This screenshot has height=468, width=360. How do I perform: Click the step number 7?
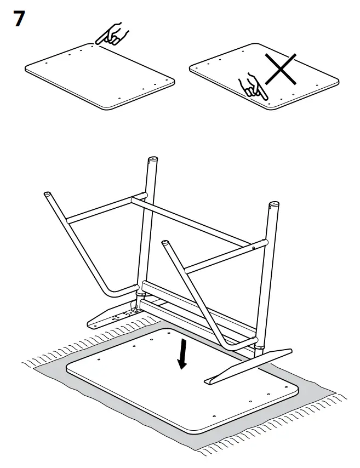18,19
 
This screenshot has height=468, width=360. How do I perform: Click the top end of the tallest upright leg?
153,161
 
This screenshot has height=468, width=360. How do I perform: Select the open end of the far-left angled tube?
48,195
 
